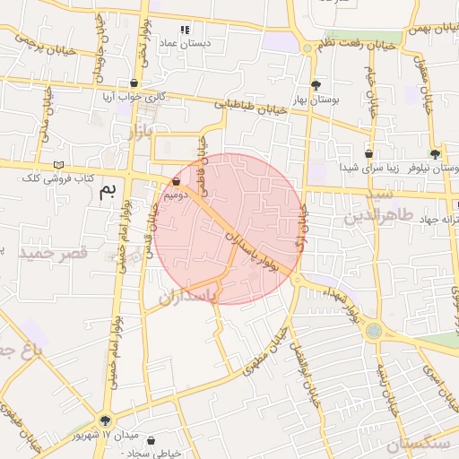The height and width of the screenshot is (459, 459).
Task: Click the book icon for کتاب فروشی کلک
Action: pyautogui.click(x=59, y=165)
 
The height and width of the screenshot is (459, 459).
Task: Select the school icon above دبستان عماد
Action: pyautogui.click(x=185, y=29)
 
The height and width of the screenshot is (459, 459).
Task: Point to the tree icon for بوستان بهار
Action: pyautogui.click(x=313, y=84)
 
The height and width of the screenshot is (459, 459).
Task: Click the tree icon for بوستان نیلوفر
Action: pyautogui.click(x=436, y=154)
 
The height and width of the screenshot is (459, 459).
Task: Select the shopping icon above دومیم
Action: pyautogui.click(x=175, y=180)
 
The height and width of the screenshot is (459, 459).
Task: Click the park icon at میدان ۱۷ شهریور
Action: pyautogui.click(x=107, y=420)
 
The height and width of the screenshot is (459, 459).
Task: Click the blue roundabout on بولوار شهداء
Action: pyautogui.click(x=373, y=331)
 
